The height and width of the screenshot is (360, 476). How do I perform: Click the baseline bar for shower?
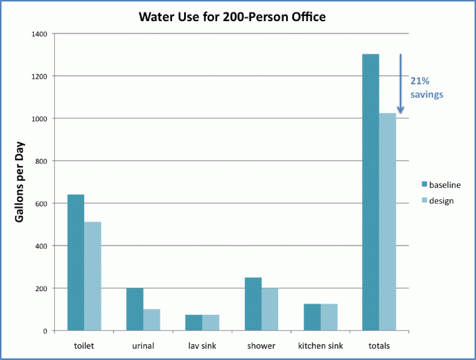[253, 304]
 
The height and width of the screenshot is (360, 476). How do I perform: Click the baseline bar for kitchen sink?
[312, 317]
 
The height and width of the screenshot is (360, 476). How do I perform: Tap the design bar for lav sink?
[211, 322]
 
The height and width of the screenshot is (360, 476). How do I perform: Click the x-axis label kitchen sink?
[320, 346]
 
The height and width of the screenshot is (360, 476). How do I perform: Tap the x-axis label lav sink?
[202, 346]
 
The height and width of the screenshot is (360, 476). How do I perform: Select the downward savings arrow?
[401, 83]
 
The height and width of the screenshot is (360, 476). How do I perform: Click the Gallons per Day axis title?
[21, 181]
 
